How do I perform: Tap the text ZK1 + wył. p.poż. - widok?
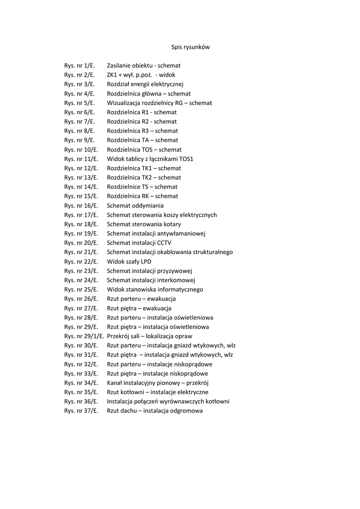[x=141, y=75]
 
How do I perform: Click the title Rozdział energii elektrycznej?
[x=145, y=85]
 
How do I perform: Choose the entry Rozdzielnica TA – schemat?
[x=142, y=140]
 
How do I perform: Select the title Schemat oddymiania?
[x=135, y=206]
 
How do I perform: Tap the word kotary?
[x=171, y=224]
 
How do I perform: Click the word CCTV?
[x=164, y=243]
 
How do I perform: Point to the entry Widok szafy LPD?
[x=129, y=261]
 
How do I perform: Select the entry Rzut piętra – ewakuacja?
[x=139, y=308]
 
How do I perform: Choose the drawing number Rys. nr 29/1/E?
[x=84, y=336]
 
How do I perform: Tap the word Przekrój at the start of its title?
[x=118, y=336]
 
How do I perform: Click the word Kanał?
[x=116, y=383]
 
